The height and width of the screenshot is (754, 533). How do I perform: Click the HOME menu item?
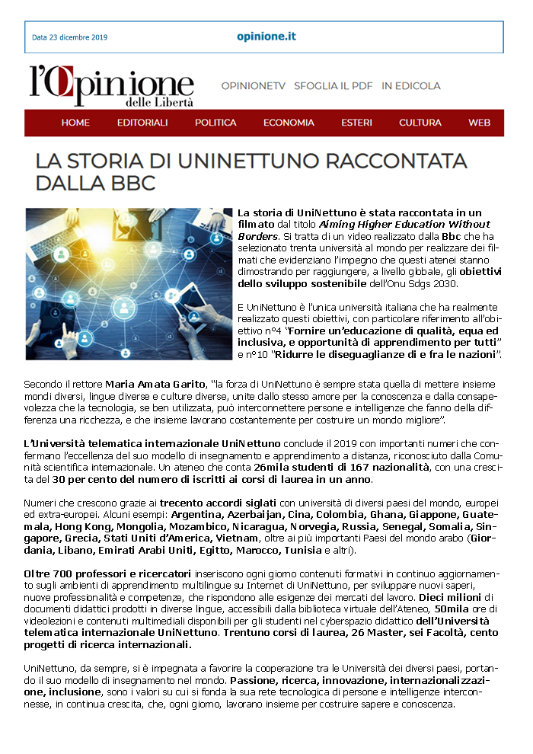click(x=75, y=123)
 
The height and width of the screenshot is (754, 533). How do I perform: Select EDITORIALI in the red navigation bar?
click(x=142, y=123)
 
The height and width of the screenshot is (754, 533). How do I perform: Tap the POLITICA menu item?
click(x=215, y=123)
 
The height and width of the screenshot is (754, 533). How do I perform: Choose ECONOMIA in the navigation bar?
click(x=289, y=123)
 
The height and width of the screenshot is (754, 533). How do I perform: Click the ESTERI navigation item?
click(x=356, y=123)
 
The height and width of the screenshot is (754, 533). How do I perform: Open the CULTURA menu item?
click(x=420, y=123)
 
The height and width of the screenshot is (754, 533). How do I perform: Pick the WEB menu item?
click(x=479, y=123)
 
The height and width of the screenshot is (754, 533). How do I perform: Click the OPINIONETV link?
click(x=253, y=86)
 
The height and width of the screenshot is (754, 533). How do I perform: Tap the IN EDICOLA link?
click(x=411, y=86)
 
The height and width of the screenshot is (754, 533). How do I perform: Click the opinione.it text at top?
click(x=266, y=37)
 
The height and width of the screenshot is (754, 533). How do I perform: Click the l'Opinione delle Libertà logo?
click(x=111, y=85)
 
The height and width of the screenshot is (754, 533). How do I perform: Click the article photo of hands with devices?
click(x=126, y=283)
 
